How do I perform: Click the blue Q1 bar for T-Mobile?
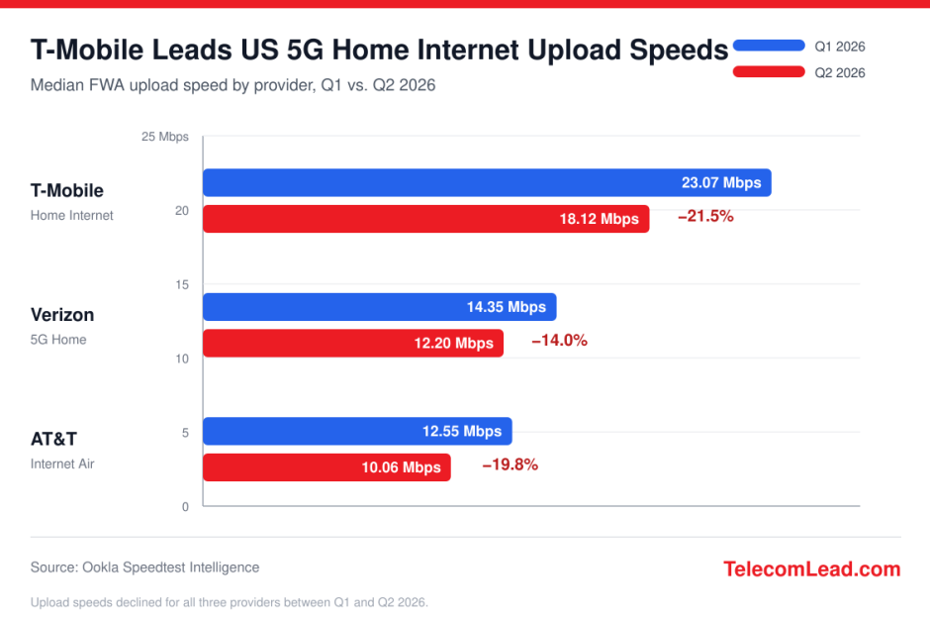click(x=487, y=182)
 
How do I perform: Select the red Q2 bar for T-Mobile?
click(x=425, y=219)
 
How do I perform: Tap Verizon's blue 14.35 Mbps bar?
click(x=380, y=307)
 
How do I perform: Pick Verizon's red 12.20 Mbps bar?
click(x=353, y=343)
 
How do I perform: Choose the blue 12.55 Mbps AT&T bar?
click(x=357, y=431)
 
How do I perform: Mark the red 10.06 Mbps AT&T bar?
click(x=326, y=467)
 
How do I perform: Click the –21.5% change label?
click(x=705, y=216)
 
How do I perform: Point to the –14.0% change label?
click(x=559, y=340)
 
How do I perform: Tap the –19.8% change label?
click(x=511, y=464)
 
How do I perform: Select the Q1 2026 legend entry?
click(x=799, y=47)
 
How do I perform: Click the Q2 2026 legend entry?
click(x=799, y=72)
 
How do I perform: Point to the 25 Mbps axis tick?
click(x=165, y=137)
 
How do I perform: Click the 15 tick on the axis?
click(x=182, y=285)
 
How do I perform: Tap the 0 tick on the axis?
click(x=186, y=507)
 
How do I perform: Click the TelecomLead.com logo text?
click(x=812, y=568)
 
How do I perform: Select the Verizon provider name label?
click(x=62, y=315)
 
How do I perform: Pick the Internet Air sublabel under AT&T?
click(x=62, y=463)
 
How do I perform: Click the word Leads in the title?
click(x=193, y=50)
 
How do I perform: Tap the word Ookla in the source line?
click(x=100, y=567)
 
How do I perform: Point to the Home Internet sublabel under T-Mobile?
click(x=72, y=216)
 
